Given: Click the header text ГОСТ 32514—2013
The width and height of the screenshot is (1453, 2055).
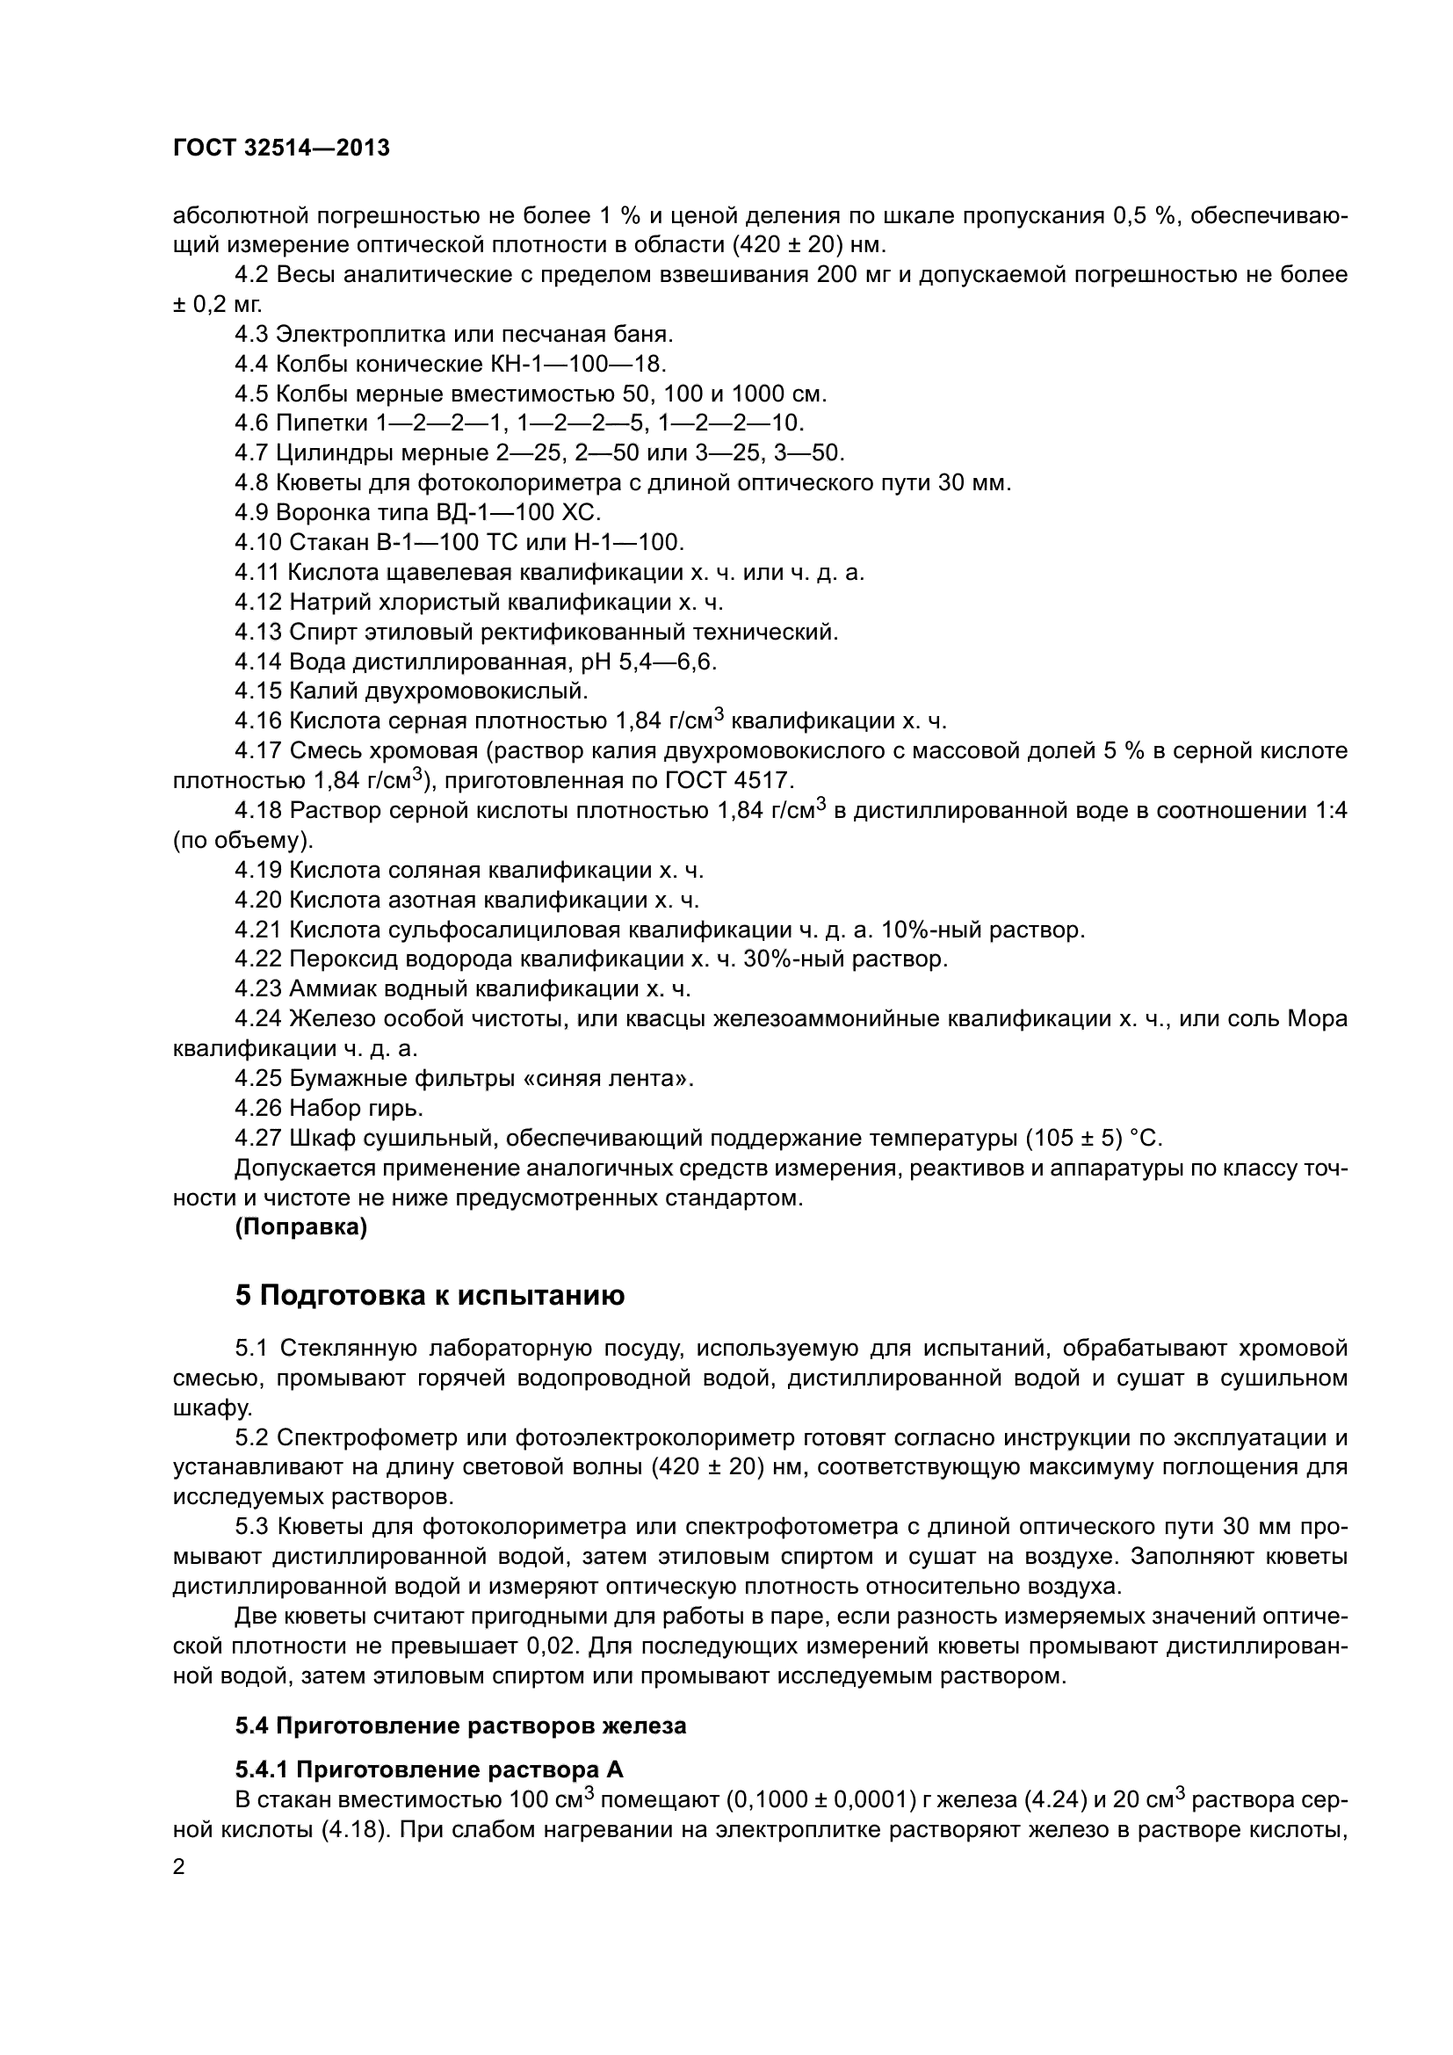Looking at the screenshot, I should tap(281, 148).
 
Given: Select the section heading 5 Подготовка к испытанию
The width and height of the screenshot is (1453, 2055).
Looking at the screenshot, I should tap(430, 1295).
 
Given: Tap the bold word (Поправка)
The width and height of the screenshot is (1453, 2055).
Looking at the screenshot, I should tap(300, 1228).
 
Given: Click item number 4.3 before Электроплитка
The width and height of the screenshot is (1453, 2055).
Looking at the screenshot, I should tap(251, 335).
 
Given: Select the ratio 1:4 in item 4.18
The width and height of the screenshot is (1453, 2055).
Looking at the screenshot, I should tap(1328, 811).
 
